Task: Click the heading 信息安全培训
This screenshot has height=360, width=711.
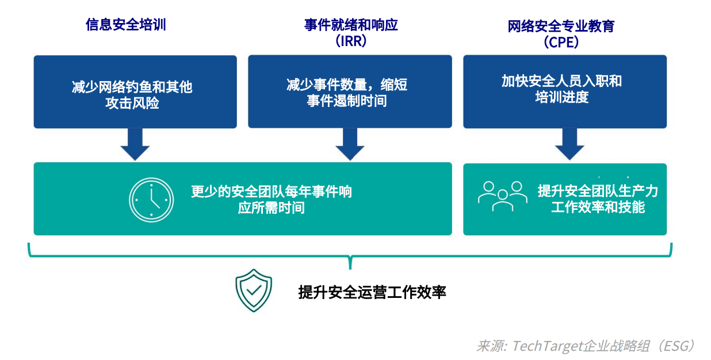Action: (x=125, y=25)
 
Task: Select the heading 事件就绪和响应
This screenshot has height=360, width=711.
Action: (x=351, y=25)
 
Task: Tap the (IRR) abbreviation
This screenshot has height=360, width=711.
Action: (x=351, y=43)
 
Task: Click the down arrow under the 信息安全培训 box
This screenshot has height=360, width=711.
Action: (x=135, y=144)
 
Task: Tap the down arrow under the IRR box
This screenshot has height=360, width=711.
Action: (x=350, y=144)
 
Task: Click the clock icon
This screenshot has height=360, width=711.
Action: (x=151, y=200)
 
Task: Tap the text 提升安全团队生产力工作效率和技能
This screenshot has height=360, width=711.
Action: (x=598, y=199)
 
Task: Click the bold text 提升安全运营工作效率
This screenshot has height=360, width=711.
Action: (x=372, y=292)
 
